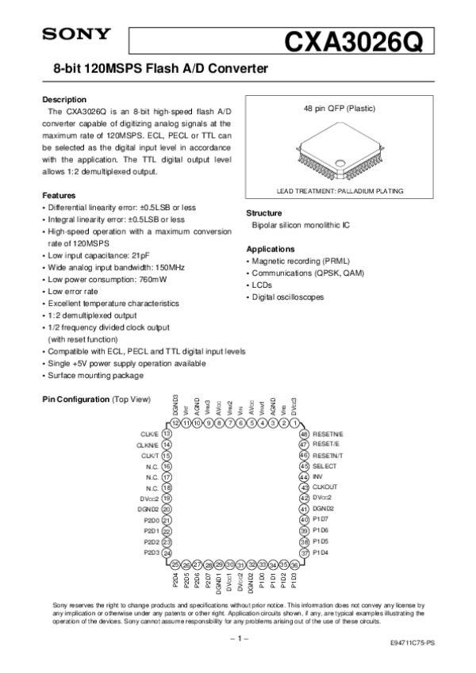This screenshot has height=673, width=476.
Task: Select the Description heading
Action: pos(63,100)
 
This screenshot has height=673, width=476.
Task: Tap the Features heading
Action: pos(59,195)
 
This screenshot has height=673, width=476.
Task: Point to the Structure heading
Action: pos(264,213)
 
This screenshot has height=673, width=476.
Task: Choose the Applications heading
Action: pos(271,249)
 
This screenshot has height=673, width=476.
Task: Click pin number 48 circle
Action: pos(304,434)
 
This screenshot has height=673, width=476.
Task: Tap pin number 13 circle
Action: pos(167,434)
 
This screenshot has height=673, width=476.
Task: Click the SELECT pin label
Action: pos(324,466)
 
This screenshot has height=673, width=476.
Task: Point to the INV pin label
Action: pos(318,477)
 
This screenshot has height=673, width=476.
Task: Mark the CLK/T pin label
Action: pos(150,456)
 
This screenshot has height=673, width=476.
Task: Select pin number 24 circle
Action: pos(167,553)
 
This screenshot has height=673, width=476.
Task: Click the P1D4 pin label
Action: pos(321,553)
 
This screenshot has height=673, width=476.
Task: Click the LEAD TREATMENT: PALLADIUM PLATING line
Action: pos(340,191)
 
